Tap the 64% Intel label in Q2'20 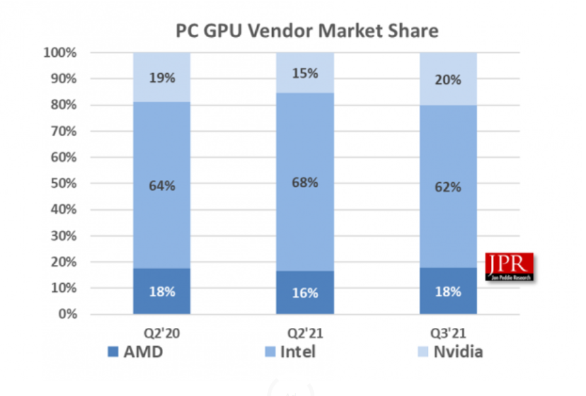(x=161, y=186)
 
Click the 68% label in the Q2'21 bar (x=305, y=183)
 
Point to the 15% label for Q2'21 (x=305, y=73)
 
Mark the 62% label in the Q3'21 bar (x=448, y=187)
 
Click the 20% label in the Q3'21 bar (x=448, y=80)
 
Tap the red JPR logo (x=509, y=266)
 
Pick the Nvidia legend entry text (x=458, y=352)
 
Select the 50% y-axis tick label (x=63, y=183)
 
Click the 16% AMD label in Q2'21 (x=305, y=293)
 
